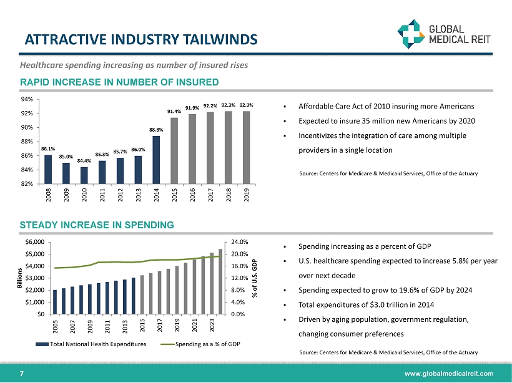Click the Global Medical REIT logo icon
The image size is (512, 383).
click(411, 33)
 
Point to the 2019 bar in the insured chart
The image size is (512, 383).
click(246, 147)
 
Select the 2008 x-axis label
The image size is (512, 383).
click(49, 197)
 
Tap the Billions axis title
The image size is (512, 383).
click(19, 277)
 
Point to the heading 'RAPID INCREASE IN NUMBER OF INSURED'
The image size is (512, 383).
click(118, 82)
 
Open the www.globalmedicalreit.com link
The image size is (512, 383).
click(453, 373)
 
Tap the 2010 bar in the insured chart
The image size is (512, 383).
click(84, 175)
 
